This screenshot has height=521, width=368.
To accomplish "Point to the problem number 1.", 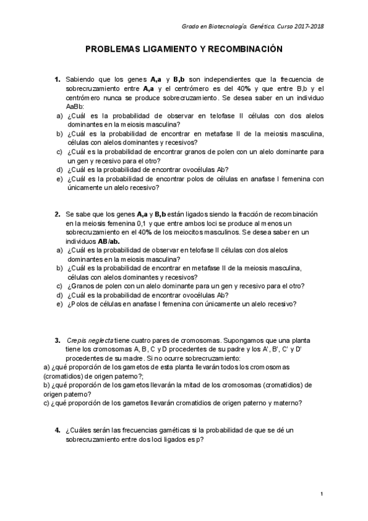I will pyautogui.click(x=57, y=80).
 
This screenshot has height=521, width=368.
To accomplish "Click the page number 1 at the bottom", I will pyautogui.click(x=321, y=494).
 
